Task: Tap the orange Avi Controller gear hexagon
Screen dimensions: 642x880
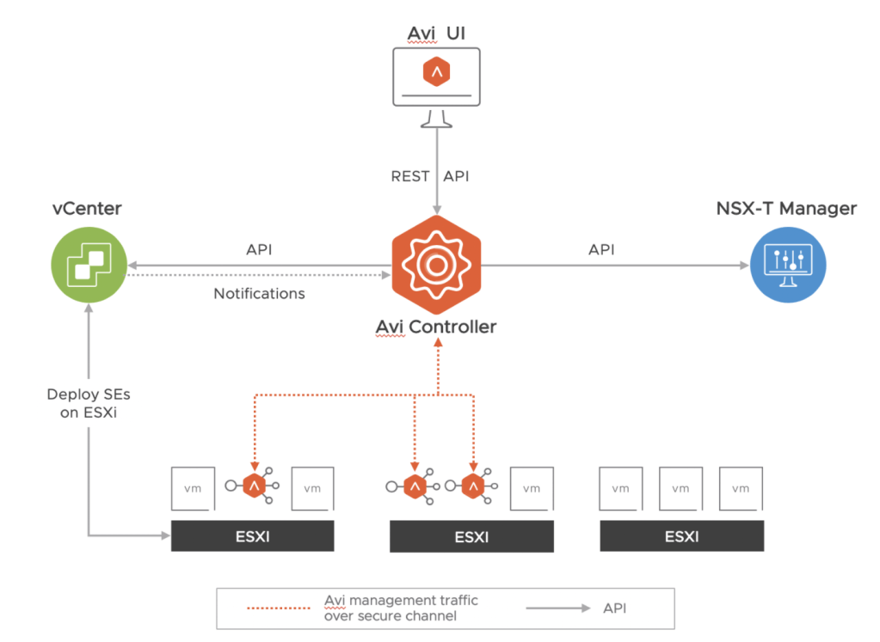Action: coord(436,266)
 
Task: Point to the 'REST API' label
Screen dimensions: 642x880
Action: coord(431,176)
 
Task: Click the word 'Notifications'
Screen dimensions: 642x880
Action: coord(259,294)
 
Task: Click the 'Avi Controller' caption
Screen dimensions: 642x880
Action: coord(436,327)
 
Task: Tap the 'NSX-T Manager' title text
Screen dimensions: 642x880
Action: coord(786,208)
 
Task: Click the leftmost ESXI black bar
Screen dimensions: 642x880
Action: coord(252,537)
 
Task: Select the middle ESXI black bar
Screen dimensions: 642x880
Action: coord(471,538)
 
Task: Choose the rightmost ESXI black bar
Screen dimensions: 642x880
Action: coord(681,537)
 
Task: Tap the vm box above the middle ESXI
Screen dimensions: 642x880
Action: coord(532,487)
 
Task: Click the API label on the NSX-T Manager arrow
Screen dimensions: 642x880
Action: coord(601,249)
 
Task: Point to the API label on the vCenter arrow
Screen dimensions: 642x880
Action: coord(259,249)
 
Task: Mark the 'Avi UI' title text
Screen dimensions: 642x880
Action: coord(436,34)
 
